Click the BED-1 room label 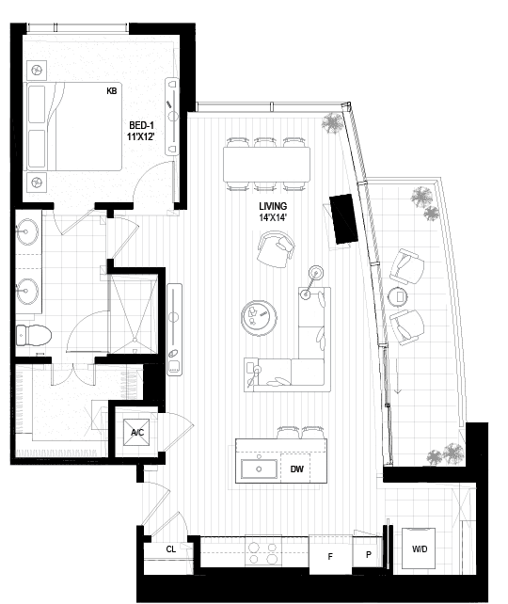pyautogui.click(x=141, y=125)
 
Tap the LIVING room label pyautogui.click(x=273, y=206)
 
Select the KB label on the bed pyautogui.click(x=111, y=91)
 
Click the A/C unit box pyautogui.click(x=136, y=432)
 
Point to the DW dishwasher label pyautogui.click(x=296, y=469)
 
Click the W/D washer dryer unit pyautogui.click(x=419, y=548)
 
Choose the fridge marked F pyautogui.click(x=330, y=555)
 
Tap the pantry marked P pyautogui.click(x=368, y=553)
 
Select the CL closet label pyautogui.click(x=171, y=548)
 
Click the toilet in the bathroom pyautogui.click(x=34, y=335)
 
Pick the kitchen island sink pyautogui.click(x=260, y=469)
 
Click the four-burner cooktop pyautogui.click(x=263, y=553)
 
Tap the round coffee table pyautogui.click(x=259, y=315)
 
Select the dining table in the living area pyautogui.click(x=266, y=165)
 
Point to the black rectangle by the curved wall pyautogui.click(x=343, y=219)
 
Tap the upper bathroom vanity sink pyautogui.click(x=27, y=231)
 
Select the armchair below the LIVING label pyautogui.click(x=276, y=249)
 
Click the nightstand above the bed pyautogui.click(x=37, y=71)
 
